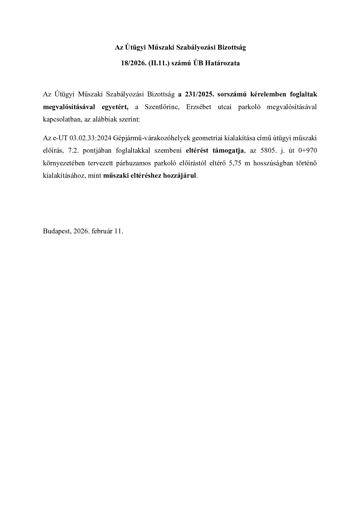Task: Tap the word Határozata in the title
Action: point(225,63)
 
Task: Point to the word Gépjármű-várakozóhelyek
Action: point(152,138)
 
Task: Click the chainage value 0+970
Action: point(308,151)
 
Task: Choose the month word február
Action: point(102,231)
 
